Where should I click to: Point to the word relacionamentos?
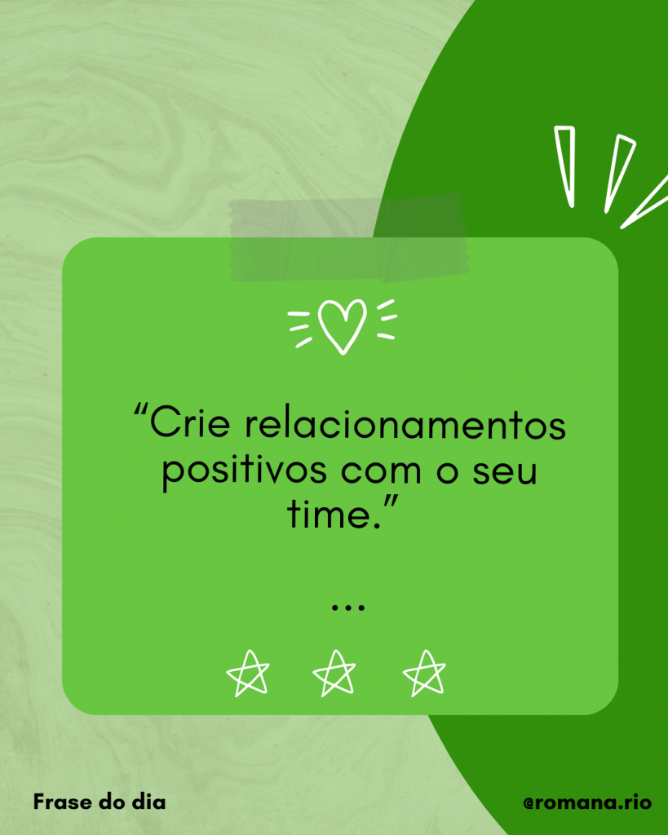tap(405, 424)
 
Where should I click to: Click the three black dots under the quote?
tap(347, 606)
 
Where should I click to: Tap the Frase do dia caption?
tap(100, 802)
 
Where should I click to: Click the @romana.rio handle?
tap(587, 802)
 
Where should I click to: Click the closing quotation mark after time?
tap(391, 501)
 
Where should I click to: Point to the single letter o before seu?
tap(448, 472)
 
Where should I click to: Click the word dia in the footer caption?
tap(148, 802)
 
